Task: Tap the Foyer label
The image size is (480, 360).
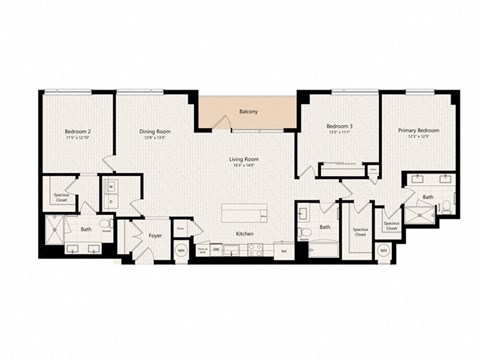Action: click(156, 236)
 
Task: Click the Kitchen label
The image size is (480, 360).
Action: click(243, 235)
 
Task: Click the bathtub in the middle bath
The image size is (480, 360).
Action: click(322, 246)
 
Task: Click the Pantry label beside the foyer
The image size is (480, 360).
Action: click(180, 229)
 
